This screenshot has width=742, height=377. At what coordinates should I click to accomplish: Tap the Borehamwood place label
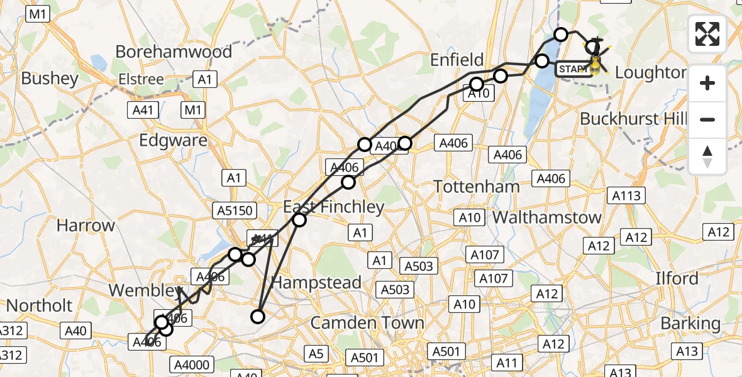tap(174, 52)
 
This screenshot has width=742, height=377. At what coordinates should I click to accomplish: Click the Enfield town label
tap(457, 60)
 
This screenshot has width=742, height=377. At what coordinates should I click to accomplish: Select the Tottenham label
tap(477, 187)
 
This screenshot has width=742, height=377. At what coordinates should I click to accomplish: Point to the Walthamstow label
tap(547, 218)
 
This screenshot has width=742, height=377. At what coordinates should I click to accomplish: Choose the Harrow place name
tap(86, 225)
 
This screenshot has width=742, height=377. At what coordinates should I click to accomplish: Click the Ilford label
tap(677, 278)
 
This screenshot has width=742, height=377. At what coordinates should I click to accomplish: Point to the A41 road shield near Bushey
tap(143, 111)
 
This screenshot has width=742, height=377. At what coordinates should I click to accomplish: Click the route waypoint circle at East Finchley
tap(299, 220)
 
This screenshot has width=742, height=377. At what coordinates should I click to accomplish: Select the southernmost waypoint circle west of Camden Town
tap(258, 316)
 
